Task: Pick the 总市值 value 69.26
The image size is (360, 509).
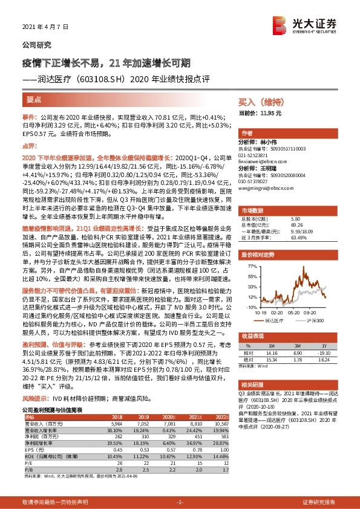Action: pos(296,225)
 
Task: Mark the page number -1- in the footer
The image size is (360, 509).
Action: pos(179,502)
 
